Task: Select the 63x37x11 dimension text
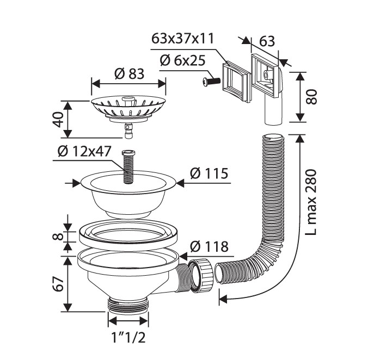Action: coord(183,39)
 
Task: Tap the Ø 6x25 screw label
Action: coord(183,60)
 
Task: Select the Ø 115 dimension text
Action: coord(209,173)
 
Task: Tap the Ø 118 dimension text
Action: coord(209,246)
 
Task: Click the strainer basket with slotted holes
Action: coord(127,107)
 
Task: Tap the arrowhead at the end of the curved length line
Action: coord(223,297)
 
